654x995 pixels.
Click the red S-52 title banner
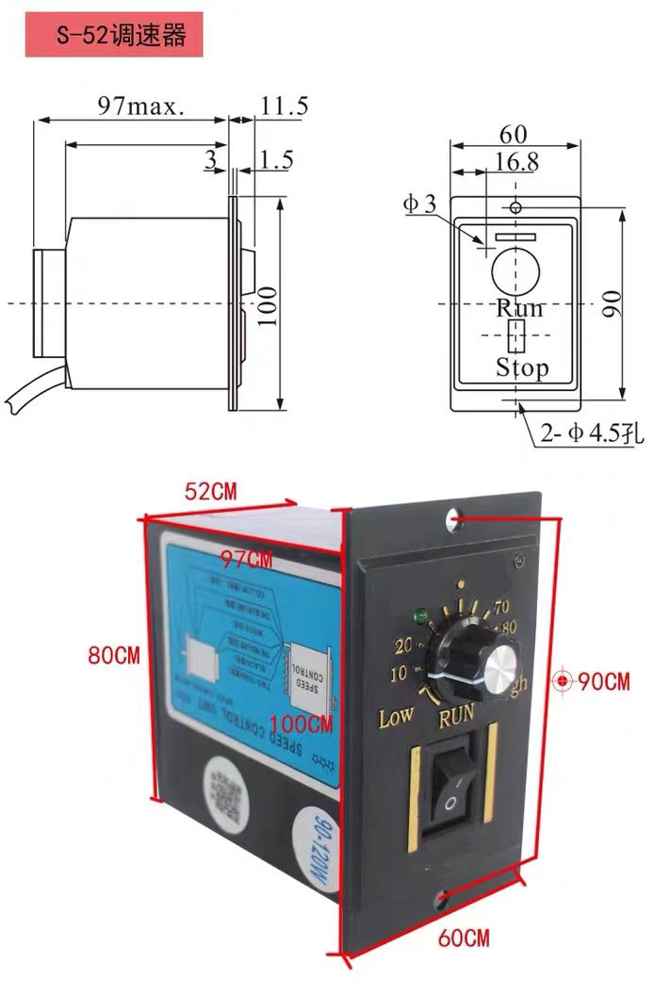click(x=113, y=37)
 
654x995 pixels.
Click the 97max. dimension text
click(x=141, y=106)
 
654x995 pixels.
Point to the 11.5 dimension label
click(x=284, y=106)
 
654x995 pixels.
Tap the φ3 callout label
click(x=420, y=204)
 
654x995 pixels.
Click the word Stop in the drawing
click(x=521, y=367)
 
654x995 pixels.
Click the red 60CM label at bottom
click(x=464, y=938)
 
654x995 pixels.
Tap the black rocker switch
click(x=450, y=791)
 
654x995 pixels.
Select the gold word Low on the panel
click(x=396, y=717)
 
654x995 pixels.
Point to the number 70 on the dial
click(x=501, y=606)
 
